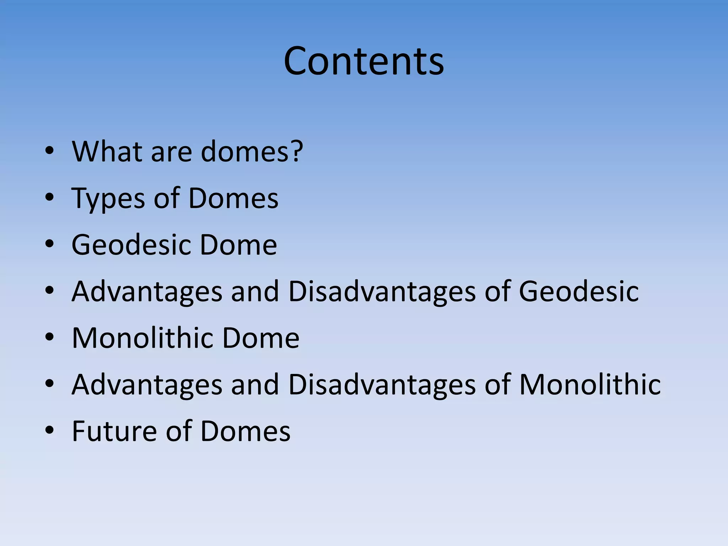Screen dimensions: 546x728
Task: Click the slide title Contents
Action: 364,61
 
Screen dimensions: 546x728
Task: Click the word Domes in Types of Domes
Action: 233,198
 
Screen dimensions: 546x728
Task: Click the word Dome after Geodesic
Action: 238,245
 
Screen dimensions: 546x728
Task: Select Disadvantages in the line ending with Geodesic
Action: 382,291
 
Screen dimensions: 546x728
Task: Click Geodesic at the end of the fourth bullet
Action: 578,291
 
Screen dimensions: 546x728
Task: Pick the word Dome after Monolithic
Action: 261,338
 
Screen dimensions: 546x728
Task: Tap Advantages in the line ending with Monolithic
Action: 147,385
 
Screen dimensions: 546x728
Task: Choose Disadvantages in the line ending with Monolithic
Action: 382,385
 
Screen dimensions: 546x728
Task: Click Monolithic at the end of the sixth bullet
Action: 590,385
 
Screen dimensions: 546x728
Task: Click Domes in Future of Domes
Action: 245,431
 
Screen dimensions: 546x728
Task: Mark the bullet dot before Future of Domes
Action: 49,430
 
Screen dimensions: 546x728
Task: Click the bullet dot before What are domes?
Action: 49,151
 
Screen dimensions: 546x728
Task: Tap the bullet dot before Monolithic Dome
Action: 49,337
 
